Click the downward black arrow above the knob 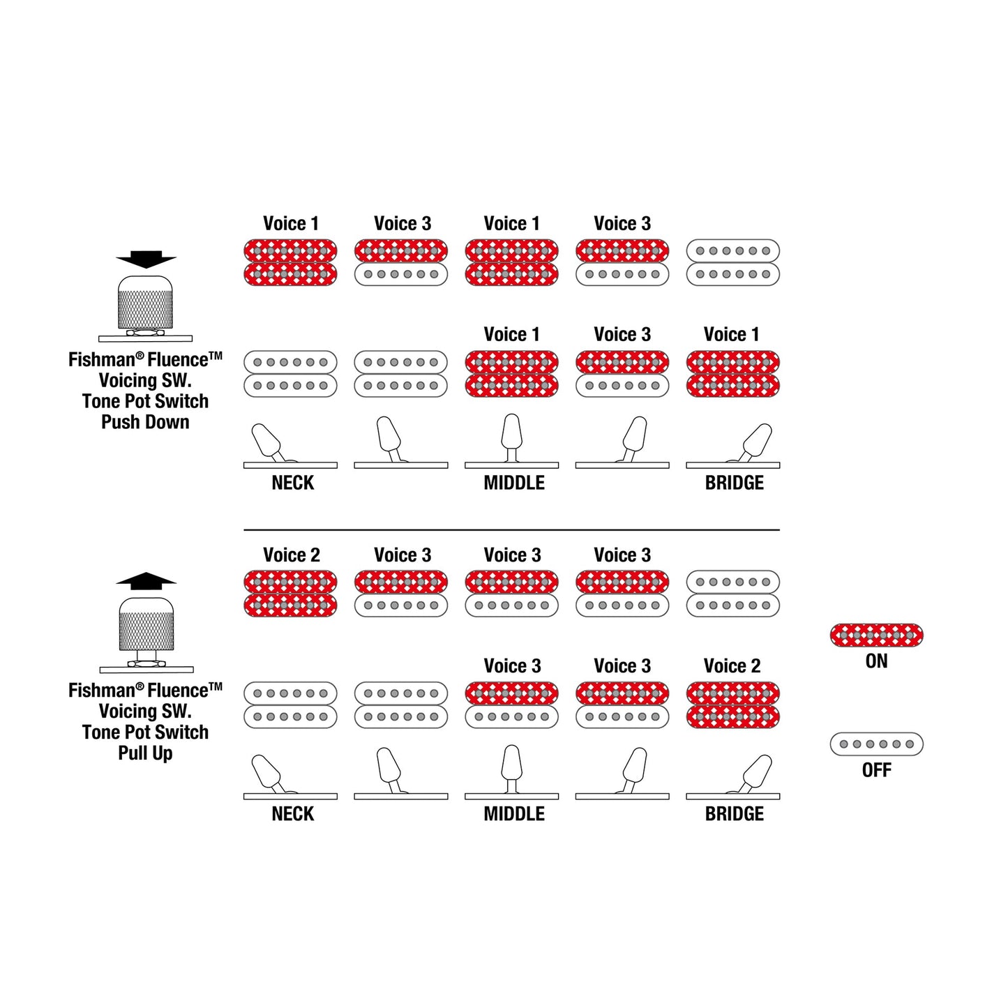point(146,259)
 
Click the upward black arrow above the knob point(146,581)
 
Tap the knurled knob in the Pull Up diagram point(146,624)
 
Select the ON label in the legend point(876,661)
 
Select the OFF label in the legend point(876,770)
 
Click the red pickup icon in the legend point(876,635)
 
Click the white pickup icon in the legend point(876,744)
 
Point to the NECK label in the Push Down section point(292,482)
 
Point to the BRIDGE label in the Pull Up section point(734,813)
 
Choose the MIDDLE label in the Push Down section point(513,482)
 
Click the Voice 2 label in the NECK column point(292,555)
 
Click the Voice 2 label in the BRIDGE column point(732,665)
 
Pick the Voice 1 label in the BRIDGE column point(731,334)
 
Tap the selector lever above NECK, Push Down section point(268,442)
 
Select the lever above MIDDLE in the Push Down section point(511,437)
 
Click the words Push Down point(145,422)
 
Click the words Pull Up point(145,753)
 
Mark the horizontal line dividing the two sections point(511,530)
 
